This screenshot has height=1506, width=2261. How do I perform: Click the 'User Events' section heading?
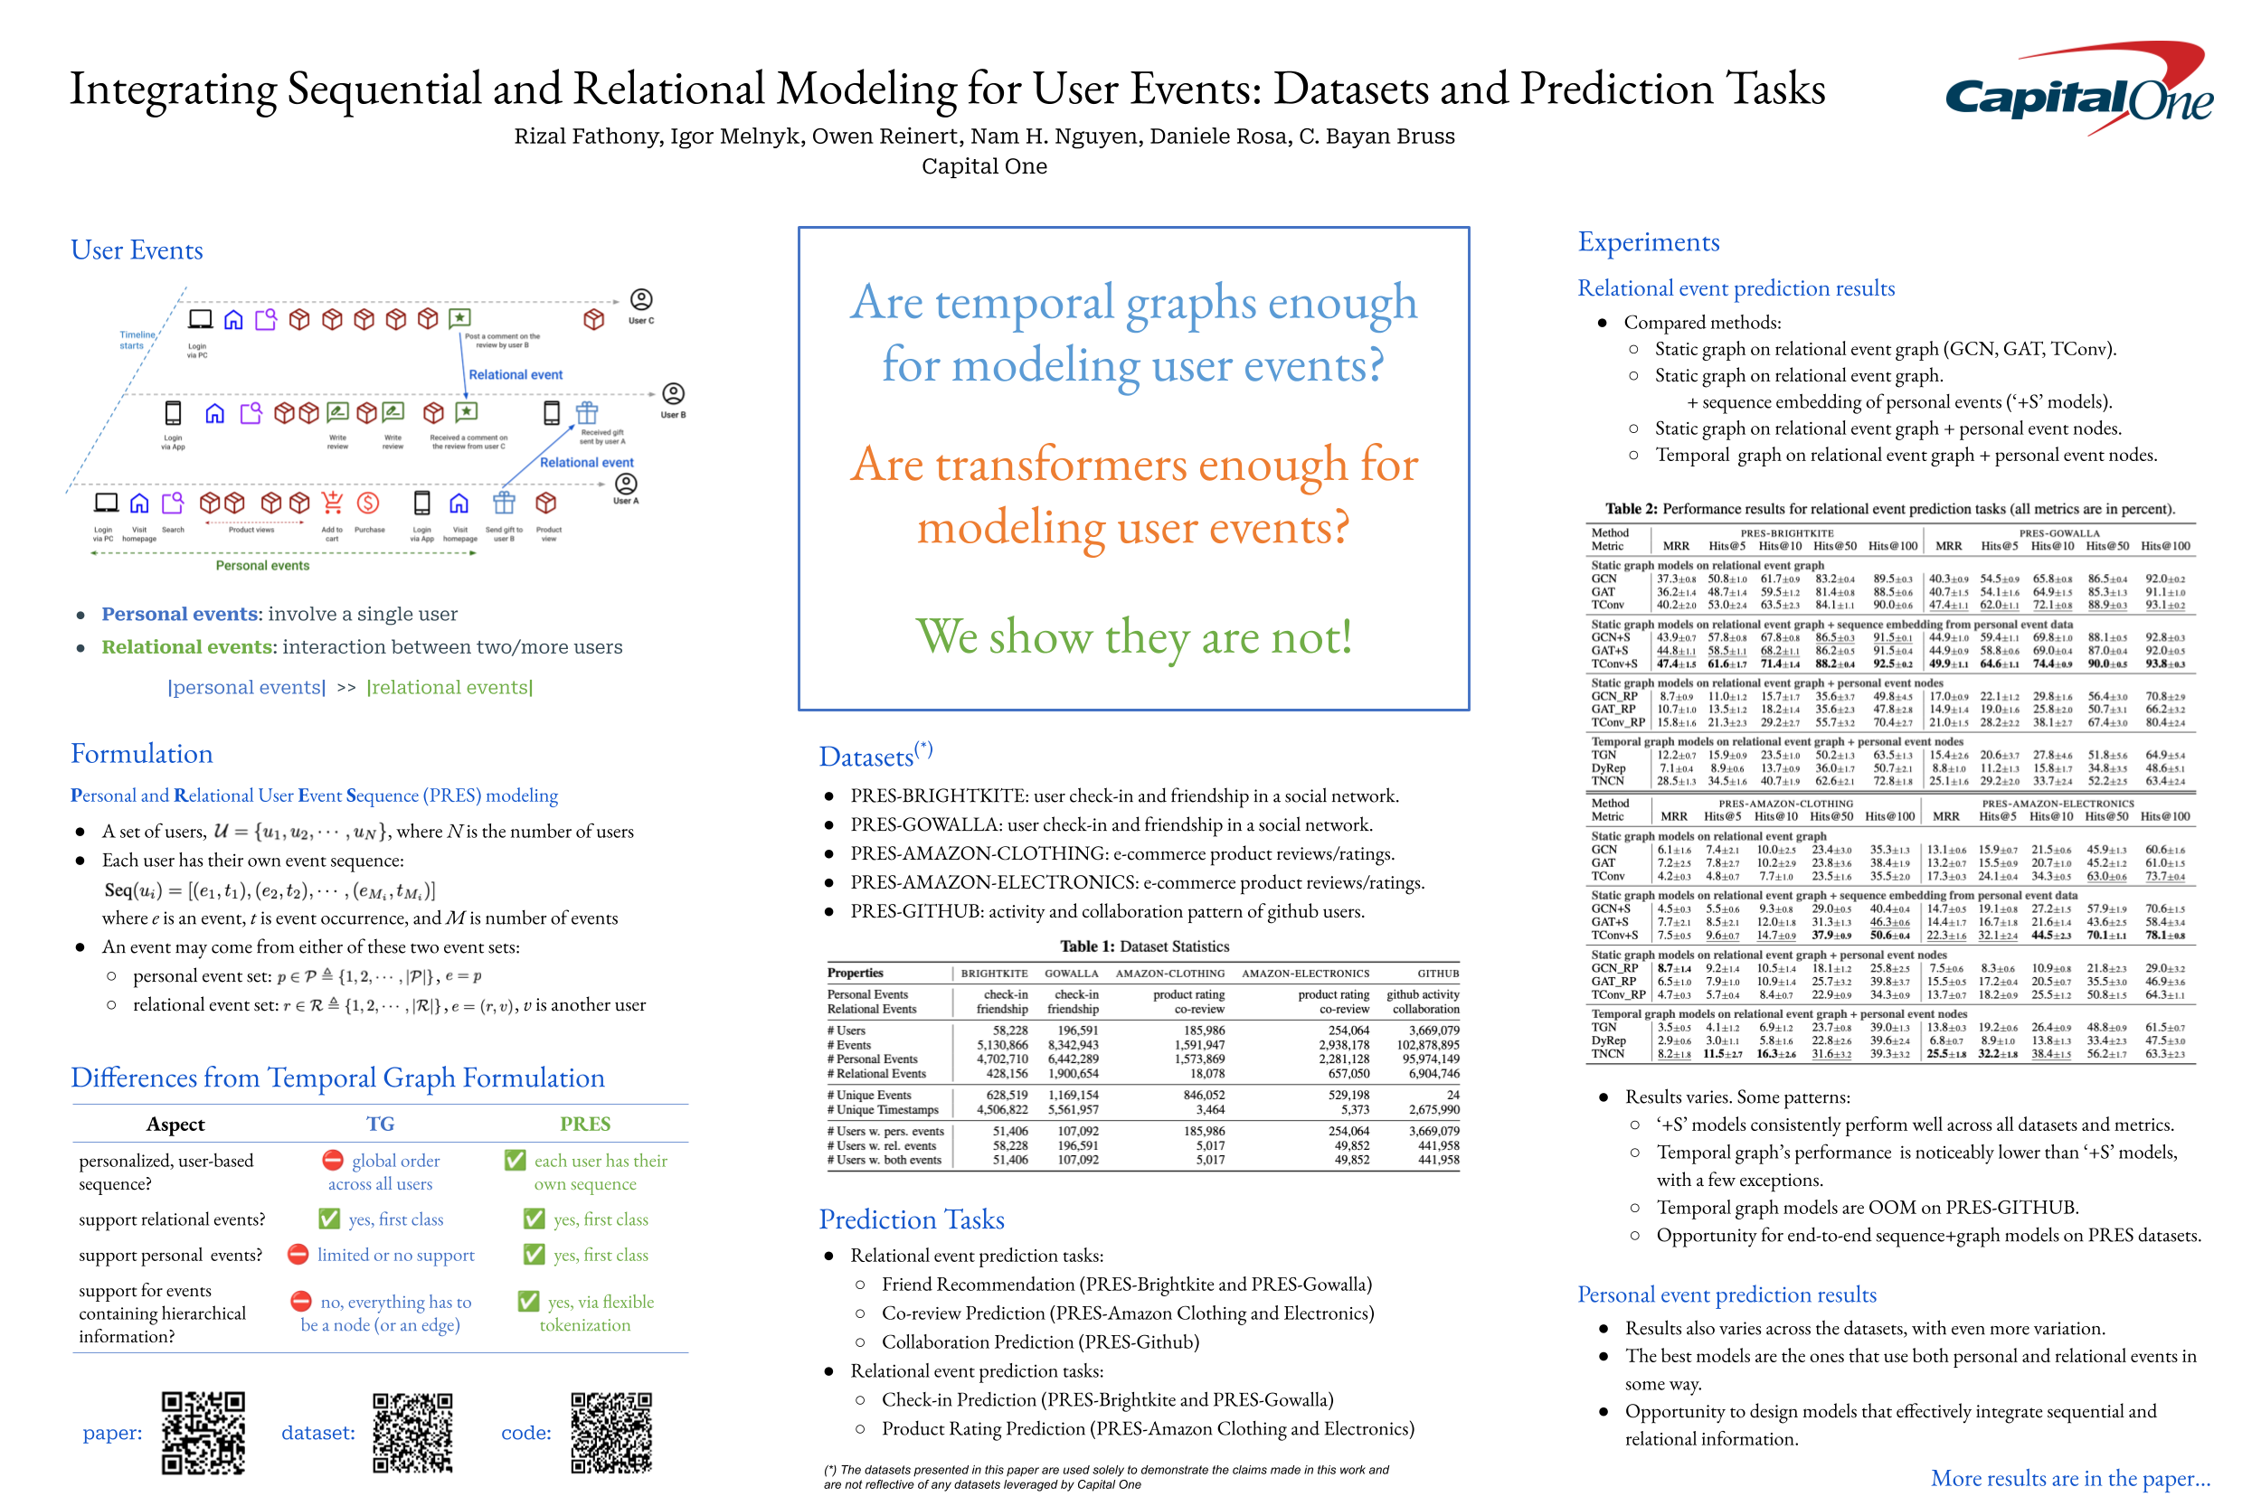coord(137,250)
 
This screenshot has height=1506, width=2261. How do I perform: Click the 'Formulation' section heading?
coord(141,754)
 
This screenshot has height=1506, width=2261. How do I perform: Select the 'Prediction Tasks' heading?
coord(911,1219)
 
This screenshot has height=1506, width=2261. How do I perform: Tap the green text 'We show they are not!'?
coord(1133,636)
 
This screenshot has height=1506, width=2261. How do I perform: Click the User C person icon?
coord(641,300)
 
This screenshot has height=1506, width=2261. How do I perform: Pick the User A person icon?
coord(626,485)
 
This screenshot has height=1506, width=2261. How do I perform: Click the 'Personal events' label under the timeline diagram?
coord(262,566)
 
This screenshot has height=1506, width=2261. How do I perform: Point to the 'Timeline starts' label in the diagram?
coord(137,340)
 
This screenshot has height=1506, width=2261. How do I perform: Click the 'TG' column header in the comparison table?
coord(381,1124)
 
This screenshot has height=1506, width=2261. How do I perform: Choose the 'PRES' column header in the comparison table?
coord(585,1124)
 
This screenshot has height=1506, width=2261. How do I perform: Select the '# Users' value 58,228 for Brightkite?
coord(1010,1031)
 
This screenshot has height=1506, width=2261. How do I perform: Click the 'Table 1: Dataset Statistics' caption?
coord(1143,946)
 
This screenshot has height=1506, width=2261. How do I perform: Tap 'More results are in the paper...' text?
coord(2070,1477)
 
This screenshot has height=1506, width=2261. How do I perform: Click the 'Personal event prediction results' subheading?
coord(1726,1294)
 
